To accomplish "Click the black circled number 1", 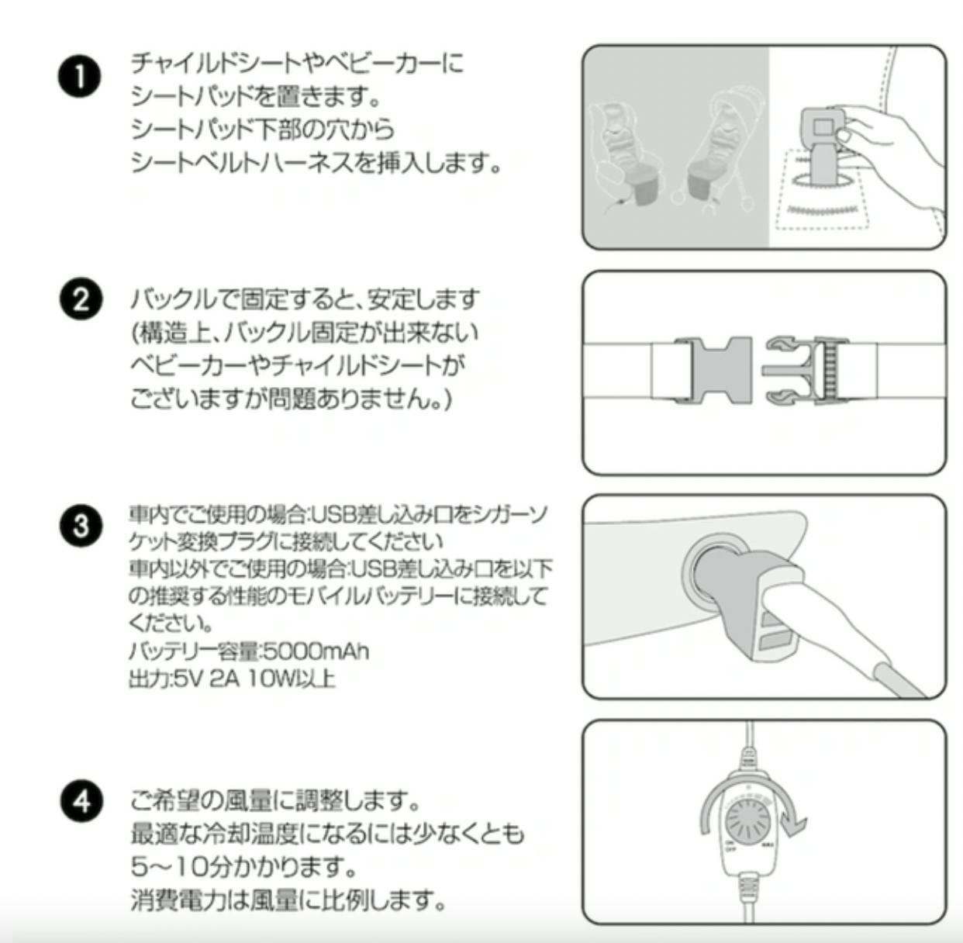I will coord(80,78).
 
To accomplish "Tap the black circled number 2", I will coord(80,300).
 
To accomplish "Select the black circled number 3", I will coord(80,527).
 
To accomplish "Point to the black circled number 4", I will coord(80,800).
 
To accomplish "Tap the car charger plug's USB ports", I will coord(775,630).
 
